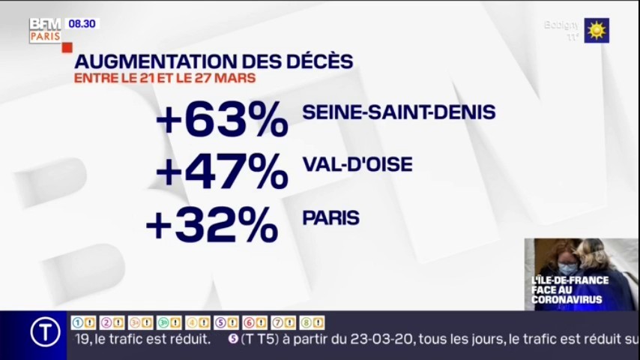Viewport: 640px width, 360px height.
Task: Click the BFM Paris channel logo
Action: click(x=45, y=30)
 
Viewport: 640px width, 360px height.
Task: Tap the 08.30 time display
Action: click(x=82, y=24)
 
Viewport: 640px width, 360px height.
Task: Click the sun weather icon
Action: click(x=597, y=31)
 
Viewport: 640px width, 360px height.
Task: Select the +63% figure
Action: click(x=222, y=118)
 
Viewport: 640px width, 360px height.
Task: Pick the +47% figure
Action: click(x=222, y=170)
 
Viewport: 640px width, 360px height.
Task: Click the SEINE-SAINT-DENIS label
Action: click(x=399, y=112)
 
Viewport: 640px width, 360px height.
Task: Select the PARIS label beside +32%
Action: click(x=330, y=218)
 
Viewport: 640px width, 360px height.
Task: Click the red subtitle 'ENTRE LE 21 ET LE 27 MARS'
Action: click(x=165, y=78)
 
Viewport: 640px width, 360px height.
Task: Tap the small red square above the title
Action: click(x=67, y=47)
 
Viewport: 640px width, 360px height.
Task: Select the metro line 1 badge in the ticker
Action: click(x=83, y=322)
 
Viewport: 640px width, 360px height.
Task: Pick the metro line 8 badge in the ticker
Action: click(x=312, y=322)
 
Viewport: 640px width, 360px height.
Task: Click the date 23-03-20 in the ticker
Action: click(x=386, y=339)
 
